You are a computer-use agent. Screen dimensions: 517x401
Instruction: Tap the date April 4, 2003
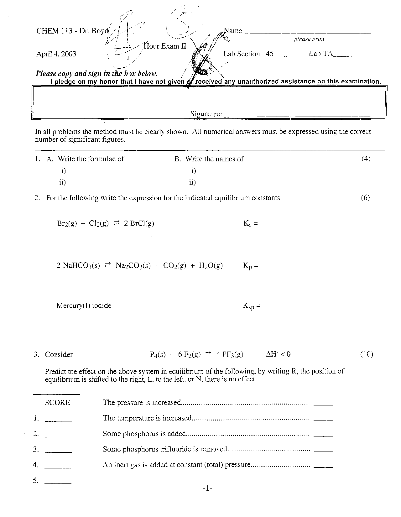[56, 54]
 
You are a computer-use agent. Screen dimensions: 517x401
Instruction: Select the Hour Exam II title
[165, 46]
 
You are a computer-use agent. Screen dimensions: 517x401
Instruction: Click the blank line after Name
[314, 33]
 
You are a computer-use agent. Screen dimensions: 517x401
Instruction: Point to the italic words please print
[309, 39]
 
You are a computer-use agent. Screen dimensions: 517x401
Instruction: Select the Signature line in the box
[298, 116]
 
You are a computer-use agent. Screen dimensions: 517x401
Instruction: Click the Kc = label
[250, 223]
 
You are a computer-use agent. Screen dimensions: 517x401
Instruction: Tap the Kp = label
[251, 266]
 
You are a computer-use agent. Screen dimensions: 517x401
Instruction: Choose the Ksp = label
[252, 306]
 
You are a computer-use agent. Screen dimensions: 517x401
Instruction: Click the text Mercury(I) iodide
[84, 305]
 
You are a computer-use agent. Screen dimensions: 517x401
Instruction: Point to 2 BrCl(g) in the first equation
[139, 223]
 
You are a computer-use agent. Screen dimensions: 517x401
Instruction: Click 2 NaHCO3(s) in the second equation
[78, 266]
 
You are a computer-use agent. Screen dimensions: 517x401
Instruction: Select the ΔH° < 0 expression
[278, 354]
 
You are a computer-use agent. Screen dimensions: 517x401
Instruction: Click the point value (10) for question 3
[366, 354]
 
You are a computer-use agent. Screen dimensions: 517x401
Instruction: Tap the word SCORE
[57, 403]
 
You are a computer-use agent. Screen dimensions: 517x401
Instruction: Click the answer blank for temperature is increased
[323, 420]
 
